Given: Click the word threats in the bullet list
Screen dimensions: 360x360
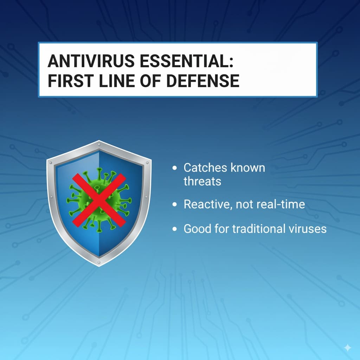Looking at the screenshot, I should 202,181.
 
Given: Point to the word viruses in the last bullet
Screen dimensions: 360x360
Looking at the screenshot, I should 309,229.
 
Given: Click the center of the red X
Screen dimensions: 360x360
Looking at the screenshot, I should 99,200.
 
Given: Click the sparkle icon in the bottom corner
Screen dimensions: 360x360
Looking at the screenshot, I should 347,348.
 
